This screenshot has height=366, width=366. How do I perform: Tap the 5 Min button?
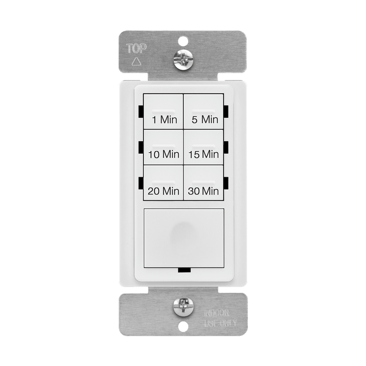pyautogui.click(x=203, y=111)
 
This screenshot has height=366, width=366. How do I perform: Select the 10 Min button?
pyautogui.click(x=163, y=147)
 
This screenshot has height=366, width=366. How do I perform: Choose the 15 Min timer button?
pyautogui.click(x=203, y=147)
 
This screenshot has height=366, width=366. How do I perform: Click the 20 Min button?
pyautogui.click(x=163, y=182)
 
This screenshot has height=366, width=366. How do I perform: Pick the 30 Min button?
pyautogui.click(x=203, y=182)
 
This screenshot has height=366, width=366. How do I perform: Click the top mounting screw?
pyautogui.click(x=183, y=60)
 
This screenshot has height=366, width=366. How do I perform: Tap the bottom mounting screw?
pyautogui.click(x=184, y=307)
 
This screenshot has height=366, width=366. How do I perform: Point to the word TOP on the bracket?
pyautogui.click(x=136, y=48)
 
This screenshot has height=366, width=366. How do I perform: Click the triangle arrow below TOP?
pyautogui.click(x=136, y=61)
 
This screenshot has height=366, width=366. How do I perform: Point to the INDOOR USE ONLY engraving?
pyautogui.click(x=221, y=318)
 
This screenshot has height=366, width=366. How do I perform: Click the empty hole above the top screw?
pyautogui.click(x=183, y=41)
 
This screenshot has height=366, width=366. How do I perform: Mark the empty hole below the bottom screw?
pyautogui.click(x=184, y=326)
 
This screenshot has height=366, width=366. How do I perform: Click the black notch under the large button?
pyautogui.click(x=185, y=270)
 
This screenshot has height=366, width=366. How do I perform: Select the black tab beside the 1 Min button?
pyautogui.click(x=141, y=111)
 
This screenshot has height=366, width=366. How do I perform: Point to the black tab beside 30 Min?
pyautogui.click(x=226, y=183)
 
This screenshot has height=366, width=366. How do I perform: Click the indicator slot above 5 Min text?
pyautogui.click(x=203, y=111)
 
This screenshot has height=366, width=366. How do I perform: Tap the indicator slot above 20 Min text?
pyautogui.click(x=163, y=182)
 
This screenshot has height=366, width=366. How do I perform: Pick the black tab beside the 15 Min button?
pyautogui.click(x=226, y=147)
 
